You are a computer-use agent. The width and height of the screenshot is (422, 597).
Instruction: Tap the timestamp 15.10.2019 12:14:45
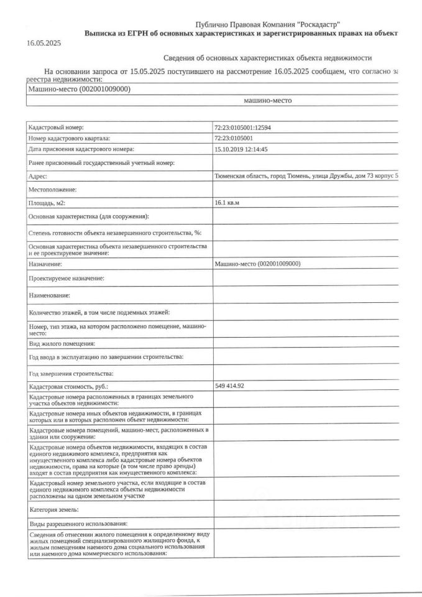point(241,149)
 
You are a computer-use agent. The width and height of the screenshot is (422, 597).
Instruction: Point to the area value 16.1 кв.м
point(227,203)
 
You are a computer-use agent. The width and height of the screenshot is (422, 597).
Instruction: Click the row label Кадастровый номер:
point(56,127)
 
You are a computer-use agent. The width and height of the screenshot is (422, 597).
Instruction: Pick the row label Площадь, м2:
point(47,203)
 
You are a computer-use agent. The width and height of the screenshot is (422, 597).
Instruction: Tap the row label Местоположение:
point(52,189)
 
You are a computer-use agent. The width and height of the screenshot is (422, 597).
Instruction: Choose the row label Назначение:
point(46,264)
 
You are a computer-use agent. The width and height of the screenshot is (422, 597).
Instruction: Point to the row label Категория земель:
point(53,510)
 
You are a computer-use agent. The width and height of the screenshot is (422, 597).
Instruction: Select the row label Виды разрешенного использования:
point(78,524)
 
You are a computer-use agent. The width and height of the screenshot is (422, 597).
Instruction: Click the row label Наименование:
point(49,295)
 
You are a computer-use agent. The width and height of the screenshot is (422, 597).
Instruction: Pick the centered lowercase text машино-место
point(267,100)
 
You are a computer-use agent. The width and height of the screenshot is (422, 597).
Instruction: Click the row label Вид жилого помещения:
point(62,343)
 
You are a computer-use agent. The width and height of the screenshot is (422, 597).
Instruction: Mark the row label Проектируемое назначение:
point(67,279)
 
